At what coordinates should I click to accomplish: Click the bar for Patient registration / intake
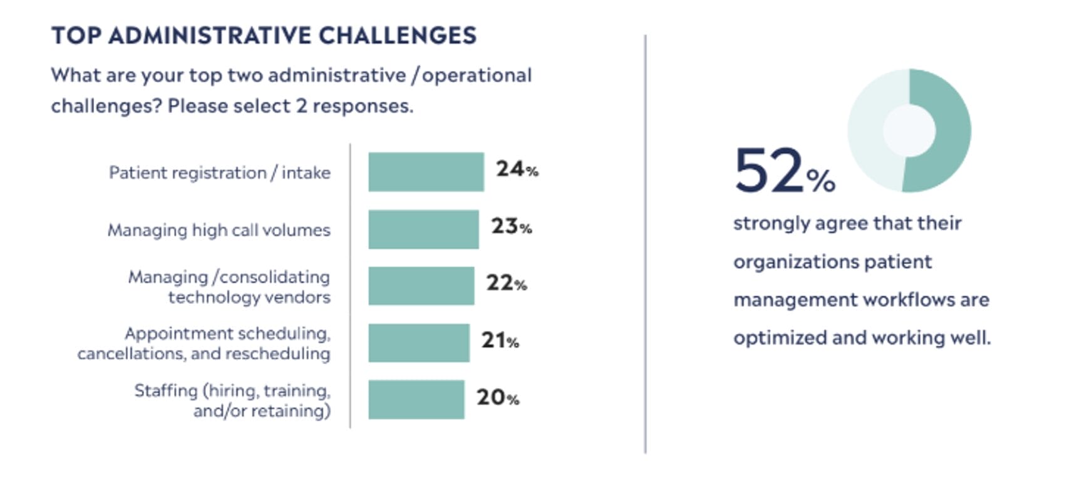point(426,172)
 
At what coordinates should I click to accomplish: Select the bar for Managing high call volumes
point(423,229)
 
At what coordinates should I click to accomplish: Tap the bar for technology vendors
point(421,286)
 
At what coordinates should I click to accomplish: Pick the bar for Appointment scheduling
point(418,343)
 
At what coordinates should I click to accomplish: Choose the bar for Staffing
point(416,399)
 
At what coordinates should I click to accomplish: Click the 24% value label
point(517,169)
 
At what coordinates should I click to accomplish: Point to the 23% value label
point(511,226)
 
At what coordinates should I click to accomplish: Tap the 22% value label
point(506,283)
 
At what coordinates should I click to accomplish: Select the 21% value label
point(500,340)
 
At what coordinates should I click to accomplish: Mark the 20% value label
point(497,397)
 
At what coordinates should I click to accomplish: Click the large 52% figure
point(783,171)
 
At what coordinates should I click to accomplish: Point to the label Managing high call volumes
point(219,230)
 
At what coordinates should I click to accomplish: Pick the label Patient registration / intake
point(219,172)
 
